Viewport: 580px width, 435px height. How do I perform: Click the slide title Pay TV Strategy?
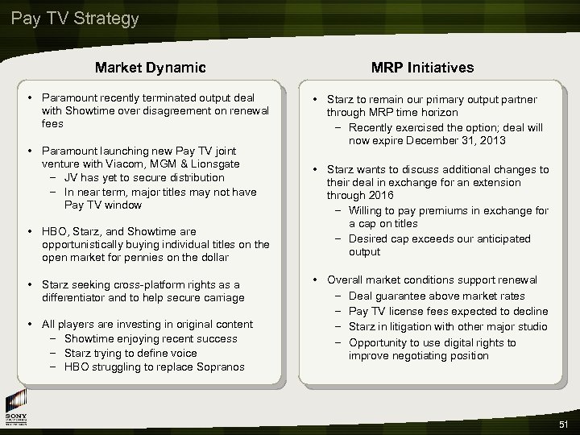tap(75, 18)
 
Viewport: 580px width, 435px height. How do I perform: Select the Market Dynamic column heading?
tap(150, 68)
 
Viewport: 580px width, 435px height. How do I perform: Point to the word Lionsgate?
tap(220, 163)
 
